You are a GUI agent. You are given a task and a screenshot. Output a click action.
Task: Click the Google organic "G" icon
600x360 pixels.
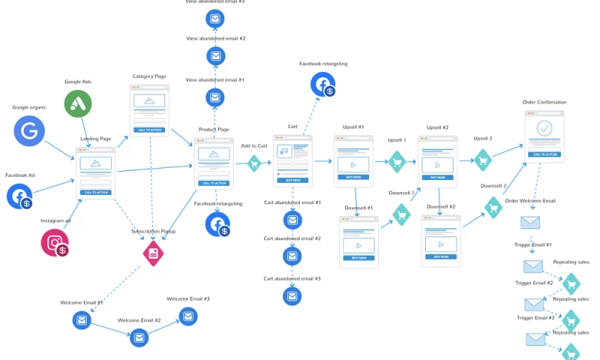(29, 131)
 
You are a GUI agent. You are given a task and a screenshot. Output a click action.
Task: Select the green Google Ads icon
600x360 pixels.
(78, 104)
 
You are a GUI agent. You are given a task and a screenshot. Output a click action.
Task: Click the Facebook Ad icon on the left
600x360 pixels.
(19, 196)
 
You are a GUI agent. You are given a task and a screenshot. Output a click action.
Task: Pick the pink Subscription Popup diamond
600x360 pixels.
(153, 253)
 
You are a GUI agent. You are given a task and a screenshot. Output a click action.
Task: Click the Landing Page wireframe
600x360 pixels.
(96, 172)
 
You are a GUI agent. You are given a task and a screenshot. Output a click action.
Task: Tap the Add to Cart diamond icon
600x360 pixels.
(253, 162)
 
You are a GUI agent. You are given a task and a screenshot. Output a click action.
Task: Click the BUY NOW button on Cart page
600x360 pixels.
(292, 180)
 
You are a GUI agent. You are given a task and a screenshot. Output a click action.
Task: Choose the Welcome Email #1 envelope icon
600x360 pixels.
(82, 320)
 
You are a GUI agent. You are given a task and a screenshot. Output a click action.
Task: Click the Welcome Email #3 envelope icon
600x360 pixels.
(187, 316)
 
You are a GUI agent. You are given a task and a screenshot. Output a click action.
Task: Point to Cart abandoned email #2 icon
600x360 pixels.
(292, 256)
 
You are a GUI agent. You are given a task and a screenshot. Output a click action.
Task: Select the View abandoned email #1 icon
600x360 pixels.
(215, 97)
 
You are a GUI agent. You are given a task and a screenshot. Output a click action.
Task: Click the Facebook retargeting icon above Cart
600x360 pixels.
(323, 84)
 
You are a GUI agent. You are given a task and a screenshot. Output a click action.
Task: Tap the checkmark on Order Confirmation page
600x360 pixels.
(544, 128)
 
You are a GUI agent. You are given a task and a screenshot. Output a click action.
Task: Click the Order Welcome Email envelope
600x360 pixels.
(530, 222)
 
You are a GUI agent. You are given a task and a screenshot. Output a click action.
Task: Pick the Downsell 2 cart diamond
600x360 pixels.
(493, 206)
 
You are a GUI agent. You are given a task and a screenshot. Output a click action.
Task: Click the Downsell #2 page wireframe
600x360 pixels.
(440, 241)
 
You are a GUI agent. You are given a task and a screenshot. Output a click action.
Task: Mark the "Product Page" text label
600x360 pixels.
(213, 130)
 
